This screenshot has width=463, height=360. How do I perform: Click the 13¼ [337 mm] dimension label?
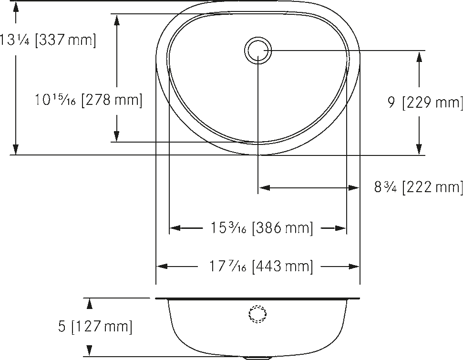coord(48,40)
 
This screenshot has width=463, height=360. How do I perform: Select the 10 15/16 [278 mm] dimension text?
coord(89,100)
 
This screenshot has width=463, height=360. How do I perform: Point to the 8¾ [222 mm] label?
coord(418,187)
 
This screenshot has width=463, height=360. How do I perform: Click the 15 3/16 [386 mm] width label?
coord(261,228)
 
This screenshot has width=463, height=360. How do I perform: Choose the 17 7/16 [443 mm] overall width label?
coord(261,266)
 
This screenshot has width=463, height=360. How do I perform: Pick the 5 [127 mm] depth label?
coord(95,327)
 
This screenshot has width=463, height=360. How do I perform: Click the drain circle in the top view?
coord(258,51)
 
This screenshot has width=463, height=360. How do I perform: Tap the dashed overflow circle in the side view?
coord(258,314)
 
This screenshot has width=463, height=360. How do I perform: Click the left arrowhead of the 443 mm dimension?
coord(162,267)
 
